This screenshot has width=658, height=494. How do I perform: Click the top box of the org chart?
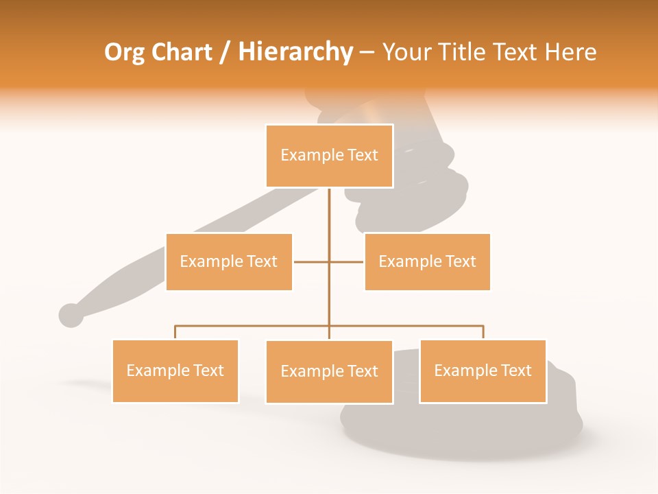pyautogui.click(x=329, y=156)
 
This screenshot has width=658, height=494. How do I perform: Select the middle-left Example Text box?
pyautogui.click(x=229, y=261)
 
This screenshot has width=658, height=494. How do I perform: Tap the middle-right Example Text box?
pyautogui.click(x=427, y=261)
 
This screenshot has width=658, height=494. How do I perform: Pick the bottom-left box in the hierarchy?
pyautogui.click(x=175, y=371)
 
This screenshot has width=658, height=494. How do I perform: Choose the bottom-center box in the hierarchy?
pyautogui.click(x=329, y=372)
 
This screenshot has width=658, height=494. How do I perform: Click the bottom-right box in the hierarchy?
pyautogui.click(x=483, y=371)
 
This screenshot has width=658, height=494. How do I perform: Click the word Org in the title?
pyautogui.click(x=124, y=52)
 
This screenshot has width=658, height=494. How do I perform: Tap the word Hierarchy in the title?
pyautogui.click(x=295, y=52)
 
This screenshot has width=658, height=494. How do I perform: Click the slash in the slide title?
pyautogui.click(x=225, y=52)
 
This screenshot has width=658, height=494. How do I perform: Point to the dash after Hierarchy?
pyautogui.click(x=367, y=52)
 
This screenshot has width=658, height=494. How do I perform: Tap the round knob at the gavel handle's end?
pyautogui.click(x=71, y=315)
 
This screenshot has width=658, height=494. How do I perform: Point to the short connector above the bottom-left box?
pyautogui.click(x=175, y=332)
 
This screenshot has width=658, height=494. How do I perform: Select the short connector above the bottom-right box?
pyautogui.click(x=483, y=332)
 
